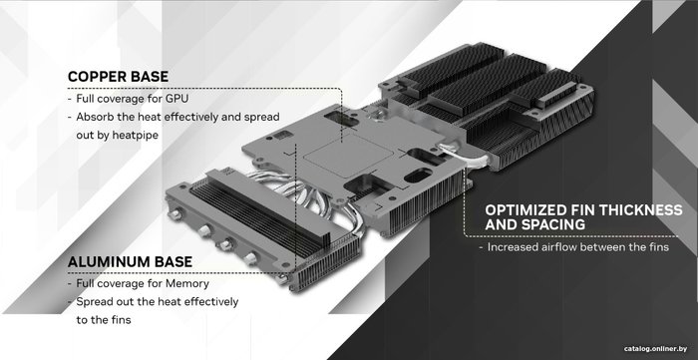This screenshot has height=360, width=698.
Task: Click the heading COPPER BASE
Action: [x=118, y=77]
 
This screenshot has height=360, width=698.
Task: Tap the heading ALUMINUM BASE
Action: [x=130, y=261]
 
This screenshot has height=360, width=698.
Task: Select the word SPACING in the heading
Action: [x=556, y=224]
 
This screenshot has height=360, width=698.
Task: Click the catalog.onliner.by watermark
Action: [x=655, y=348]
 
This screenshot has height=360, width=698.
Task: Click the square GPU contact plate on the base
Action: [x=349, y=156]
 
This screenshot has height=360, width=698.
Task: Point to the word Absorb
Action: [x=93, y=117]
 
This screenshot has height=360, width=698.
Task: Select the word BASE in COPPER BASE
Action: [x=150, y=77]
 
